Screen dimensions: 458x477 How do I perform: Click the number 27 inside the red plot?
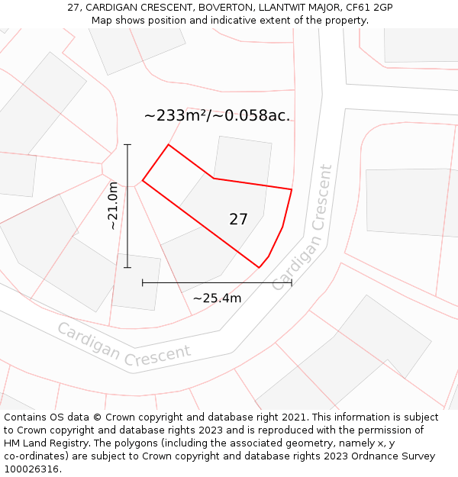(238, 219)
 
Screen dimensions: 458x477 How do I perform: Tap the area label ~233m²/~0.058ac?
(217, 116)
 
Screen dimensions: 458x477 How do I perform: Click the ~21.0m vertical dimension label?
(113, 206)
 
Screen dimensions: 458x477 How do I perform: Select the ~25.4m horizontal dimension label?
(217, 298)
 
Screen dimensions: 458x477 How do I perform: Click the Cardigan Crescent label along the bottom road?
(124, 343)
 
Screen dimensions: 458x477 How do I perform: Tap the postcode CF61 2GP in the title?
(369, 8)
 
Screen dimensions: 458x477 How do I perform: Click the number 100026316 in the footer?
(32, 469)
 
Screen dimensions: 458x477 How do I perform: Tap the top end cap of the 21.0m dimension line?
(127, 144)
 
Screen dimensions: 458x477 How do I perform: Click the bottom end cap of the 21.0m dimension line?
(127, 267)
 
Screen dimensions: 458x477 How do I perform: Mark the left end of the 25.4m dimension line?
(143, 282)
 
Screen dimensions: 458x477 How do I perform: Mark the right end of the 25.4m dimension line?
(292, 282)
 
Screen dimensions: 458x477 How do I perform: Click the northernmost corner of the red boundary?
(168, 144)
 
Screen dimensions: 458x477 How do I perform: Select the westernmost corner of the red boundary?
(143, 181)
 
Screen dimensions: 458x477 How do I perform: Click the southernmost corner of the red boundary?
(260, 268)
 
